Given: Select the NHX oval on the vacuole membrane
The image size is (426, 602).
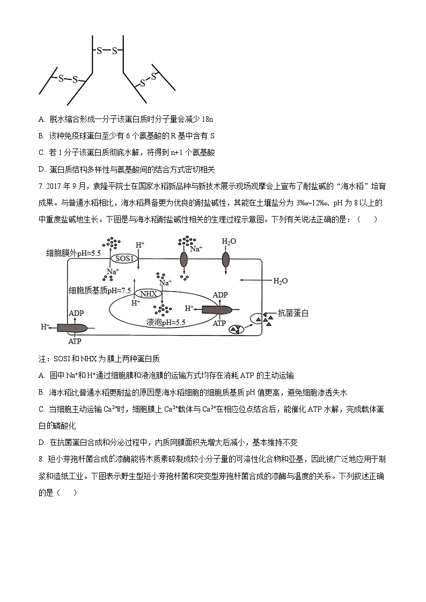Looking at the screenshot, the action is point(147,293).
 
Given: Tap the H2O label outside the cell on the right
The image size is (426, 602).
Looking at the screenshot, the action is point(281,280).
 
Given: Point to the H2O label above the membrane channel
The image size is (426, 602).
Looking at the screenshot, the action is point(229,242).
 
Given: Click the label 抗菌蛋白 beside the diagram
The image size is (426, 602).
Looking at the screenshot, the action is point(294,313).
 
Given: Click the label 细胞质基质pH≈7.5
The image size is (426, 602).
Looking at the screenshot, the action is point(100,290).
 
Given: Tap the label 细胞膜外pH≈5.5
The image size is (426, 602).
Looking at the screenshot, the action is point(74,252).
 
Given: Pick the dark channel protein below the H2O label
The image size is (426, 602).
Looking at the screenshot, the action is point(225,260).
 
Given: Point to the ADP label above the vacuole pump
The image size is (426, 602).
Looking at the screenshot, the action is point(220,295).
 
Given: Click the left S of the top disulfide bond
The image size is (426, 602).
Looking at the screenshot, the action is point(99,51).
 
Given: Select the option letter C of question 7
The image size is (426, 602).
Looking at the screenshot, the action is point(42,409).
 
